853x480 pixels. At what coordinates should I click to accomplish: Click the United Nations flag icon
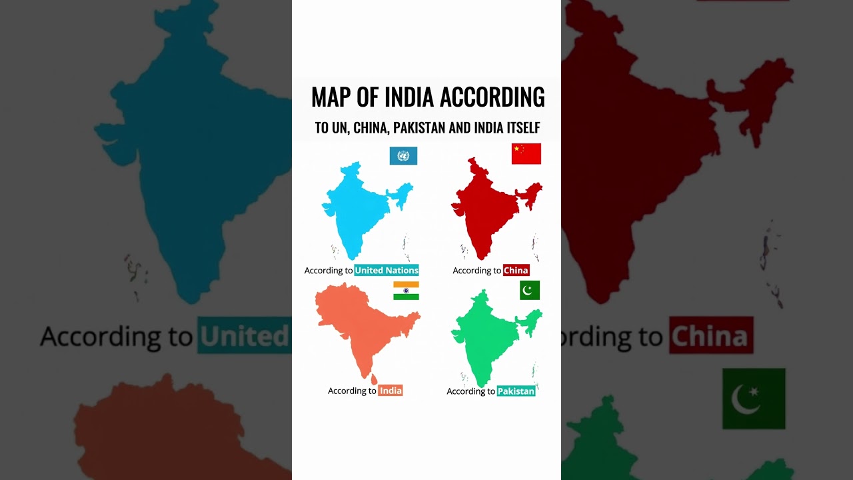403,156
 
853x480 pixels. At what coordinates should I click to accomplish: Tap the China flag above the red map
526,153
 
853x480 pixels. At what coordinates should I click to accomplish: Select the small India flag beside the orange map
406,291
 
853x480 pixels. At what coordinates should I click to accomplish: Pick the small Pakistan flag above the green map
530,291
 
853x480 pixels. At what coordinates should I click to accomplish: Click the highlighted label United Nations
387,270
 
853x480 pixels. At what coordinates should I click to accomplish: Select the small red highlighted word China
516,270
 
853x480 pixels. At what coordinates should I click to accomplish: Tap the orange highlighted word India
391,391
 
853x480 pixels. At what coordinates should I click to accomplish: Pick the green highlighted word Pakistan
516,391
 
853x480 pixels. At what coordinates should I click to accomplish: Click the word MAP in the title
331,97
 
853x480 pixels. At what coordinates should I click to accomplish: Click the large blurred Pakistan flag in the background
754,399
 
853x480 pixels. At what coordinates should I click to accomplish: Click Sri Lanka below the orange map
374,380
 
